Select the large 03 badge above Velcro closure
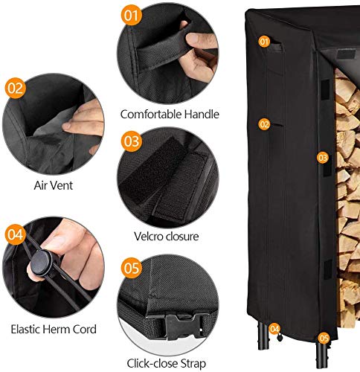(x=132, y=140)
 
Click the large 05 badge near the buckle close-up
(x=132, y=266)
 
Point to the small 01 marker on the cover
(x=263, y=42)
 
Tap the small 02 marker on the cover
(x=264, y=124)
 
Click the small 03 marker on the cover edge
(x=322, y=158)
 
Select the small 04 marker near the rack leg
(x=274, y=328)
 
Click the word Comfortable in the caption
(x=147, y=114)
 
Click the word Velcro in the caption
(x=147, y=237)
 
